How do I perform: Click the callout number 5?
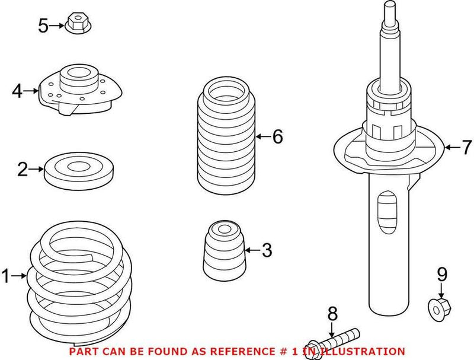click(x=43, y=26)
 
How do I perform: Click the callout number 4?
click(x=17, y=91)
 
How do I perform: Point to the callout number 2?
click(x=23, y=171)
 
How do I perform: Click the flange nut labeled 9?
click(x=440, y=308)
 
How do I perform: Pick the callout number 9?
click(x=441, y=275)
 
